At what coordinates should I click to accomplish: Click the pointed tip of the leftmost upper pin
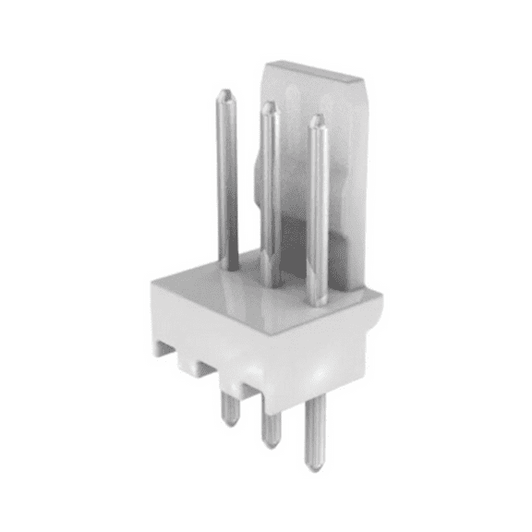[x=225, y=93]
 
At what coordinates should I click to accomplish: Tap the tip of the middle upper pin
[x=269, y=106]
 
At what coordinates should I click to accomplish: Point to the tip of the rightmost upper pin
[x=316, y=119]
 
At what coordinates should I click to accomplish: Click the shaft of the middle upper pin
[x=270, y=194]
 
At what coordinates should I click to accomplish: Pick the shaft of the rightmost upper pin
[x=317, y=212]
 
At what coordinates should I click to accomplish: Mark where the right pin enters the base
[x=317, y=300]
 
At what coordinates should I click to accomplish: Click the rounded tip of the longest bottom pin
[x=315, y=465]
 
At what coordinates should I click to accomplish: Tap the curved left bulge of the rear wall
[x=256, y=180]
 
